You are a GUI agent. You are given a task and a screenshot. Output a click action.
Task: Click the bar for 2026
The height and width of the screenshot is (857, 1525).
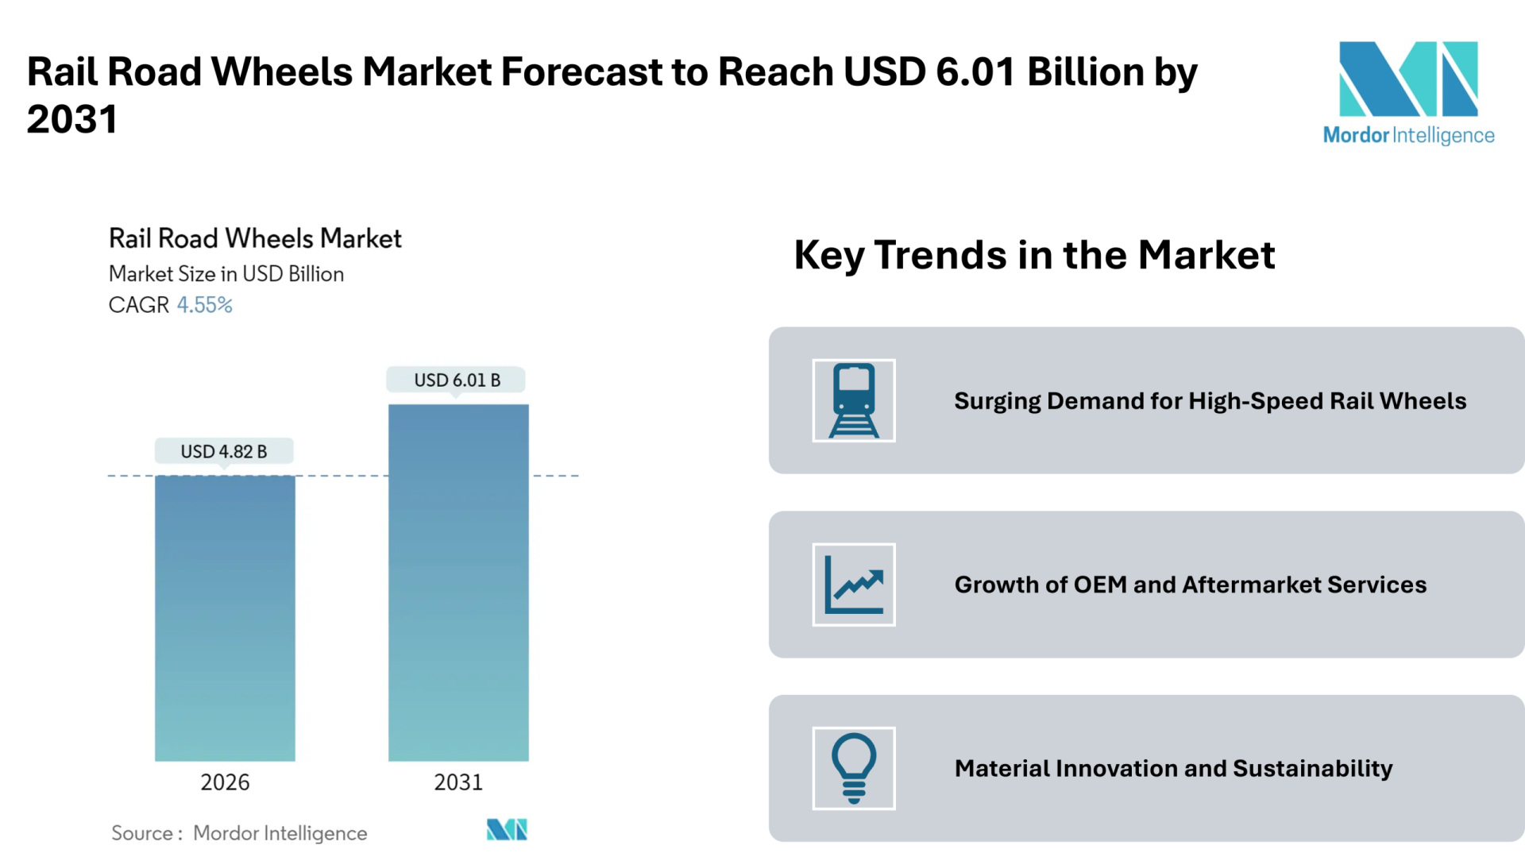point(225,618)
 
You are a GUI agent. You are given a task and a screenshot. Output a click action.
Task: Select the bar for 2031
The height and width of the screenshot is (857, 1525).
point(458,582)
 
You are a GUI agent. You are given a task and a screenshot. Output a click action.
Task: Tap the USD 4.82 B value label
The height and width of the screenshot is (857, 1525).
point(224,451)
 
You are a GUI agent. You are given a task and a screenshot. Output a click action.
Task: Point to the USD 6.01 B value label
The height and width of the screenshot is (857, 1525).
point(457,380)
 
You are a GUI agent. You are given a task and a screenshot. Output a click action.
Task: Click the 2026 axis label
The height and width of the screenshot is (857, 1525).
point(225,782)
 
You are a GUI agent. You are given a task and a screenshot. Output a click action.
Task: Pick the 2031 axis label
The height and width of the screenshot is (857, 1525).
point(458,782)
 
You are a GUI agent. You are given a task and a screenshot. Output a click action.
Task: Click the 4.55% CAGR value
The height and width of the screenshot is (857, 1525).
point(204,305)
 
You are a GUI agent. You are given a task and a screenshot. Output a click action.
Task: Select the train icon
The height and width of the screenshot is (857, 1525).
point(854,400)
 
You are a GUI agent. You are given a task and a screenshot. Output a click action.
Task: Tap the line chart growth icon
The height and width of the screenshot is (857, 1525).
point(854,585)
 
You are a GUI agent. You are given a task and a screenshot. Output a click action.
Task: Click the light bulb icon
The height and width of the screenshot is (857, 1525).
point(854,768)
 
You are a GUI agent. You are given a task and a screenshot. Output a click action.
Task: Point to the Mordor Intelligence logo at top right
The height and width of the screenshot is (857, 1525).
point(1408,93)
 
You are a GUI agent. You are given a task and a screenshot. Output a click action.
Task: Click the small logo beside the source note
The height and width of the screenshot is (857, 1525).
point(507,830)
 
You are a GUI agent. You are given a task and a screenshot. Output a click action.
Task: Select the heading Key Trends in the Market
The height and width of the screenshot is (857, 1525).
point(1034,256)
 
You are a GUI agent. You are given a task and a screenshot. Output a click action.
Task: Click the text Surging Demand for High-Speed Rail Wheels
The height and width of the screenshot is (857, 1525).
point(1210,401)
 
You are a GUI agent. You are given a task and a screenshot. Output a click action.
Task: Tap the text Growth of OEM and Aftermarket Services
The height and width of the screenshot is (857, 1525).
point(1191,585)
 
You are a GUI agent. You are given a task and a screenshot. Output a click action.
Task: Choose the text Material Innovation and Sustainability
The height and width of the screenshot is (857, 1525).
point(1173,769)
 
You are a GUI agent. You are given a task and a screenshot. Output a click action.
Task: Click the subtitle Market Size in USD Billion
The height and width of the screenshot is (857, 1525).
point(226,274)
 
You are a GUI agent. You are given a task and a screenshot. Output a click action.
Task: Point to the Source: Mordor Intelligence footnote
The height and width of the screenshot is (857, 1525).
point(239,833)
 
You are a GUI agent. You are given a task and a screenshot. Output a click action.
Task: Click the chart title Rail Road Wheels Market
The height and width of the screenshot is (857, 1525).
point(255,238)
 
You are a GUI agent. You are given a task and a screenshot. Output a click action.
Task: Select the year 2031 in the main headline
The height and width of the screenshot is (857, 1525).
point(72,120)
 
